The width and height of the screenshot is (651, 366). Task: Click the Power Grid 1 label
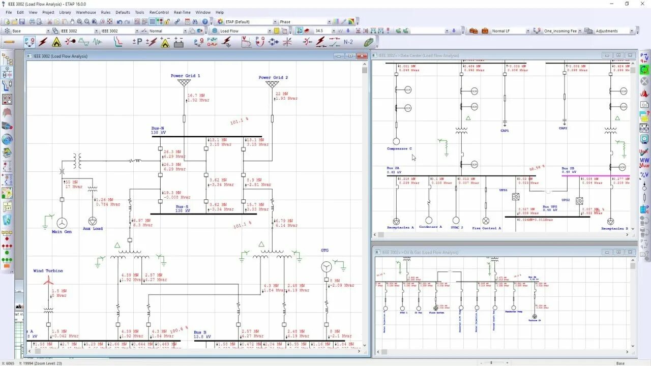pyautogui.click(x=185, y=76)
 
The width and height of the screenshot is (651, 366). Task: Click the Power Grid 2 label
pyautogui.click(x=273, y=78)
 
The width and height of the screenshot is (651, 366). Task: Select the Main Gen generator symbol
pyautogui.click(x=62, y=223)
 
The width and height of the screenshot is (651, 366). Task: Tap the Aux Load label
pyautogui.click(x=93, y=229)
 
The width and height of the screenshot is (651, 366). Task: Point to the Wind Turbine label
pyautogui.click(x=48, y=271)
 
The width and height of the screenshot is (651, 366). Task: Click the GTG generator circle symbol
pyautogui.click(x=326, y=267)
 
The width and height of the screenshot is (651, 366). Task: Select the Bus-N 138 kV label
pyautogui.click(x=158, y=131)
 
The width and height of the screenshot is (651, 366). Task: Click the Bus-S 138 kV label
pyautogui.click(x=183, y=208)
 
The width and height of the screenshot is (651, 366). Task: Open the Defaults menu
pyautogui.click(x=123, y=12)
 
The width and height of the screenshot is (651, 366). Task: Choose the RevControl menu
pyautogui.click(x=159, y=12)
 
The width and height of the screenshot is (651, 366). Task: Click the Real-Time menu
pyautogui.click(x=182, y=12)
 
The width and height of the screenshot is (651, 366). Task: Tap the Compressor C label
pyautogui.click(x=399, y=149)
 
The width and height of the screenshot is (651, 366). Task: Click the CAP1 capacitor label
pyautogui.click(x=505, y=131)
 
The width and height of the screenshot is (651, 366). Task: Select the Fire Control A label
pyautogui.click(x=486, y=228)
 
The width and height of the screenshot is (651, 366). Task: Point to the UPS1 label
pyautogui.click(x=503, y=190)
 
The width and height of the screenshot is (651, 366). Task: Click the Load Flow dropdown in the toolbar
pyautogui.click(x=244, y=31)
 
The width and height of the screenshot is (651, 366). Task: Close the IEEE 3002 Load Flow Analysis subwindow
pyautogui.click(x=362, y=56)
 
